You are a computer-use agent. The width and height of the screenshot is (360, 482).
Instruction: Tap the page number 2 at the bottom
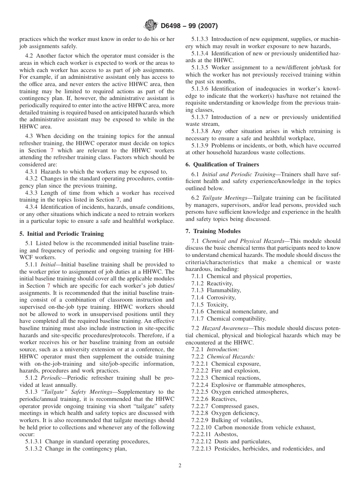coord(180,466)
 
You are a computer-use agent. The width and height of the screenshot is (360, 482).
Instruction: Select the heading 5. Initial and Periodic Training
coord(61,234)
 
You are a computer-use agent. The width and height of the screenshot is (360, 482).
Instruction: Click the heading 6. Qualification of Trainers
coord(222,164)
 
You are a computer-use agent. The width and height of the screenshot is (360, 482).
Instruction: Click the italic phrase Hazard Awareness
coord(225,329)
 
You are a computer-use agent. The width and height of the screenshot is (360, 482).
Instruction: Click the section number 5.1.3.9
coord(200,146)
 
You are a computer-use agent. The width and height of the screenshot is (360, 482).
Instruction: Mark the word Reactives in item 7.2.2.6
coord(224,399)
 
